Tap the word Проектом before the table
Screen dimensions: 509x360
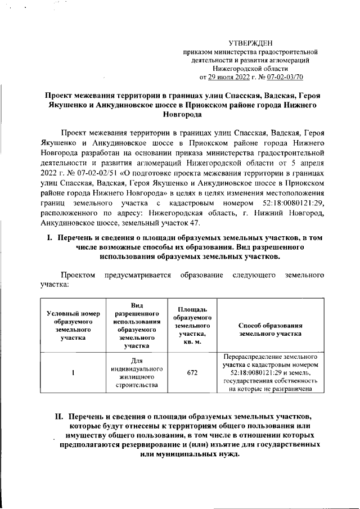click(x=79, y=276)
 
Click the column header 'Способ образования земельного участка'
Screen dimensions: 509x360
click(x=271, y=330)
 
